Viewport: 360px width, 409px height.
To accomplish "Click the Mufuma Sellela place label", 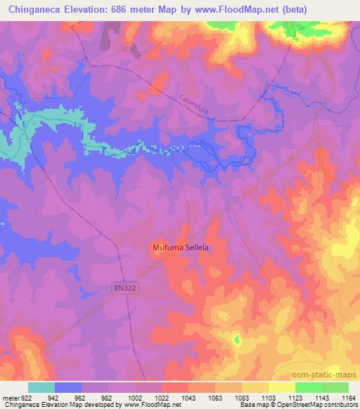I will [181, 248].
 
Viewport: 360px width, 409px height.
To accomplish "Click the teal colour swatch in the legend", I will [41, 387].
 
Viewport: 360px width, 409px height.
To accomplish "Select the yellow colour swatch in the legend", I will [281, 387].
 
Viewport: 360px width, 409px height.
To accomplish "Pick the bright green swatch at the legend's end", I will [335, 387].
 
